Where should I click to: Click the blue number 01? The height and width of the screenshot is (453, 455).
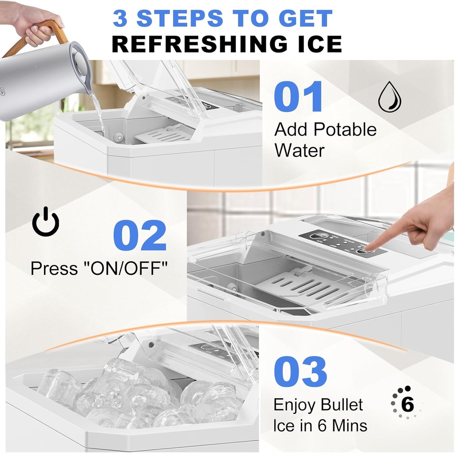click(x=298, y=96)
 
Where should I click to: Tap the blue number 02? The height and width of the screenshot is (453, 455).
click(x=140, y=236)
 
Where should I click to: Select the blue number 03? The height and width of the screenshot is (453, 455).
click(x=300, y=371)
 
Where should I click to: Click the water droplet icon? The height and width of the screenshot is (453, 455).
click(x=389, y=97)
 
